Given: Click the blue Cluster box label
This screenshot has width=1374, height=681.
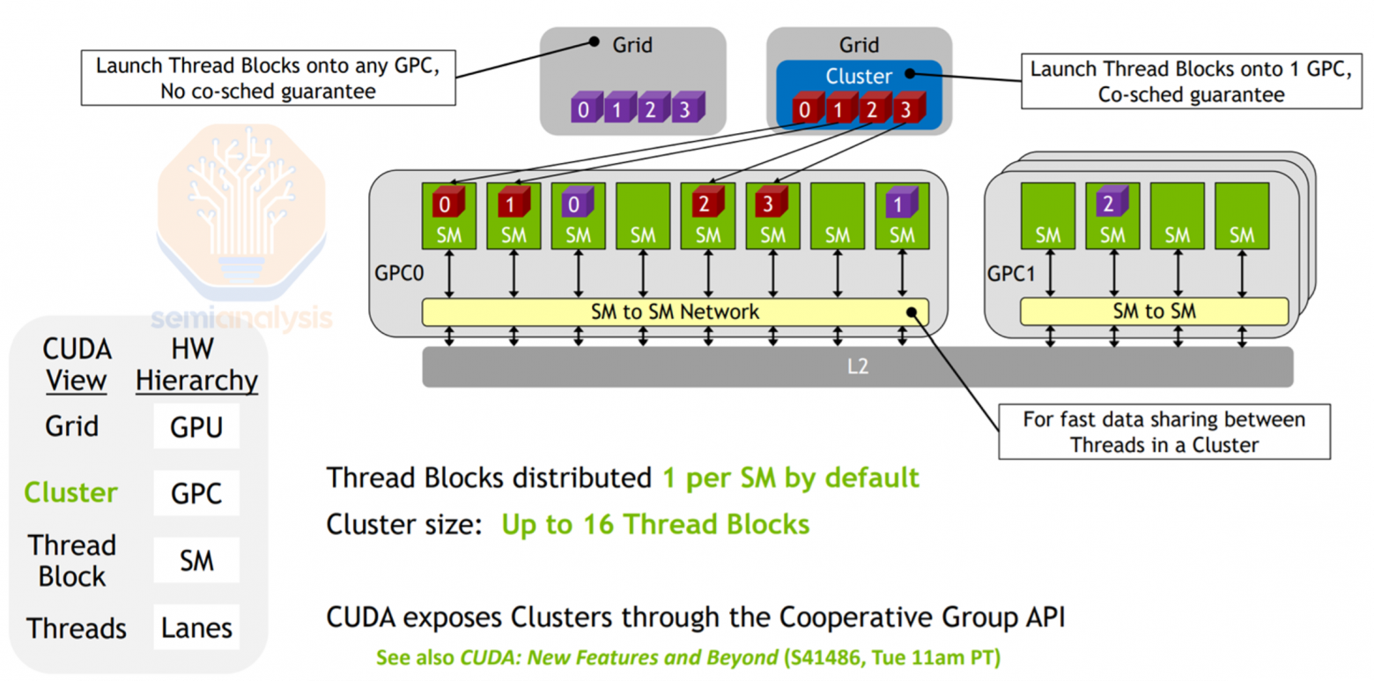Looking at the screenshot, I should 858,76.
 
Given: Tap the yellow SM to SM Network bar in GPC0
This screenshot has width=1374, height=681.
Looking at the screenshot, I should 675,311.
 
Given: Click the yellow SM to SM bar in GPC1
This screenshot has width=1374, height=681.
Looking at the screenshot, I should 1154,311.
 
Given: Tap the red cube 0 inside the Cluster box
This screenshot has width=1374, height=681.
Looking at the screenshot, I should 803,111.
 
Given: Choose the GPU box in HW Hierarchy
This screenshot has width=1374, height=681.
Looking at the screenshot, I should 196,427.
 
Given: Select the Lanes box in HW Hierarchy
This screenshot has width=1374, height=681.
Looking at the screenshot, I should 196,627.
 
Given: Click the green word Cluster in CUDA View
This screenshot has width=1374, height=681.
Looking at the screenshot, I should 70,492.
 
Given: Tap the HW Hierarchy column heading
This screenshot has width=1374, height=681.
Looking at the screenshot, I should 196,365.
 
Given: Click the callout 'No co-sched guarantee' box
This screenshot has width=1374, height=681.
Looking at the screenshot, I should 267,78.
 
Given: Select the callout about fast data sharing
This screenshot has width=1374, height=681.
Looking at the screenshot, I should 1163,432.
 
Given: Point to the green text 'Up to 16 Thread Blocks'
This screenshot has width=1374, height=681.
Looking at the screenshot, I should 655,525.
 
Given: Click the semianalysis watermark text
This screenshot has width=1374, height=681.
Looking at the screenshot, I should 241,317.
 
